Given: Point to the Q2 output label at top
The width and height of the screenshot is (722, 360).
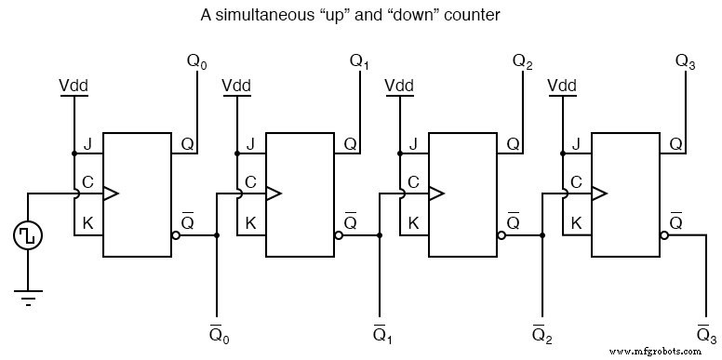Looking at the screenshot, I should click(x=523, y=62).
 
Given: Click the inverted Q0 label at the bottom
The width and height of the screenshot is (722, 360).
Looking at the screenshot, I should click(x=217, y=332).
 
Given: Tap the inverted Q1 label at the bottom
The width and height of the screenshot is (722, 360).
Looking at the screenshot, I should click(x=380, y=332).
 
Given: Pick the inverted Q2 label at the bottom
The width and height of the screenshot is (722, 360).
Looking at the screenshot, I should click(x=542, y=332).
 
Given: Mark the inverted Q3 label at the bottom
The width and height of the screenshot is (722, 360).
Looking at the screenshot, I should click(x=705, y=332).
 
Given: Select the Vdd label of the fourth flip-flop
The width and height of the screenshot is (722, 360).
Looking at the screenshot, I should click(x=562, y=87).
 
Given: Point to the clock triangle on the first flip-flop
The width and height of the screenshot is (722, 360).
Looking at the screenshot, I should click(x=111, y=193).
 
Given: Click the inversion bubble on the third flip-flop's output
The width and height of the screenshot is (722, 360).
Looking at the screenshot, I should click(x=501, y=235).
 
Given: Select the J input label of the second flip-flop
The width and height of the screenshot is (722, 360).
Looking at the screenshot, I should click(x=250, y=144).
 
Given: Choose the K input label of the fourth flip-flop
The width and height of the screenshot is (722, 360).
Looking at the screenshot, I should click(x=576, y=223).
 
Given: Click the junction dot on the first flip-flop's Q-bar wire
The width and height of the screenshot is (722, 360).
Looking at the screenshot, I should click(x=217, y=235).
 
